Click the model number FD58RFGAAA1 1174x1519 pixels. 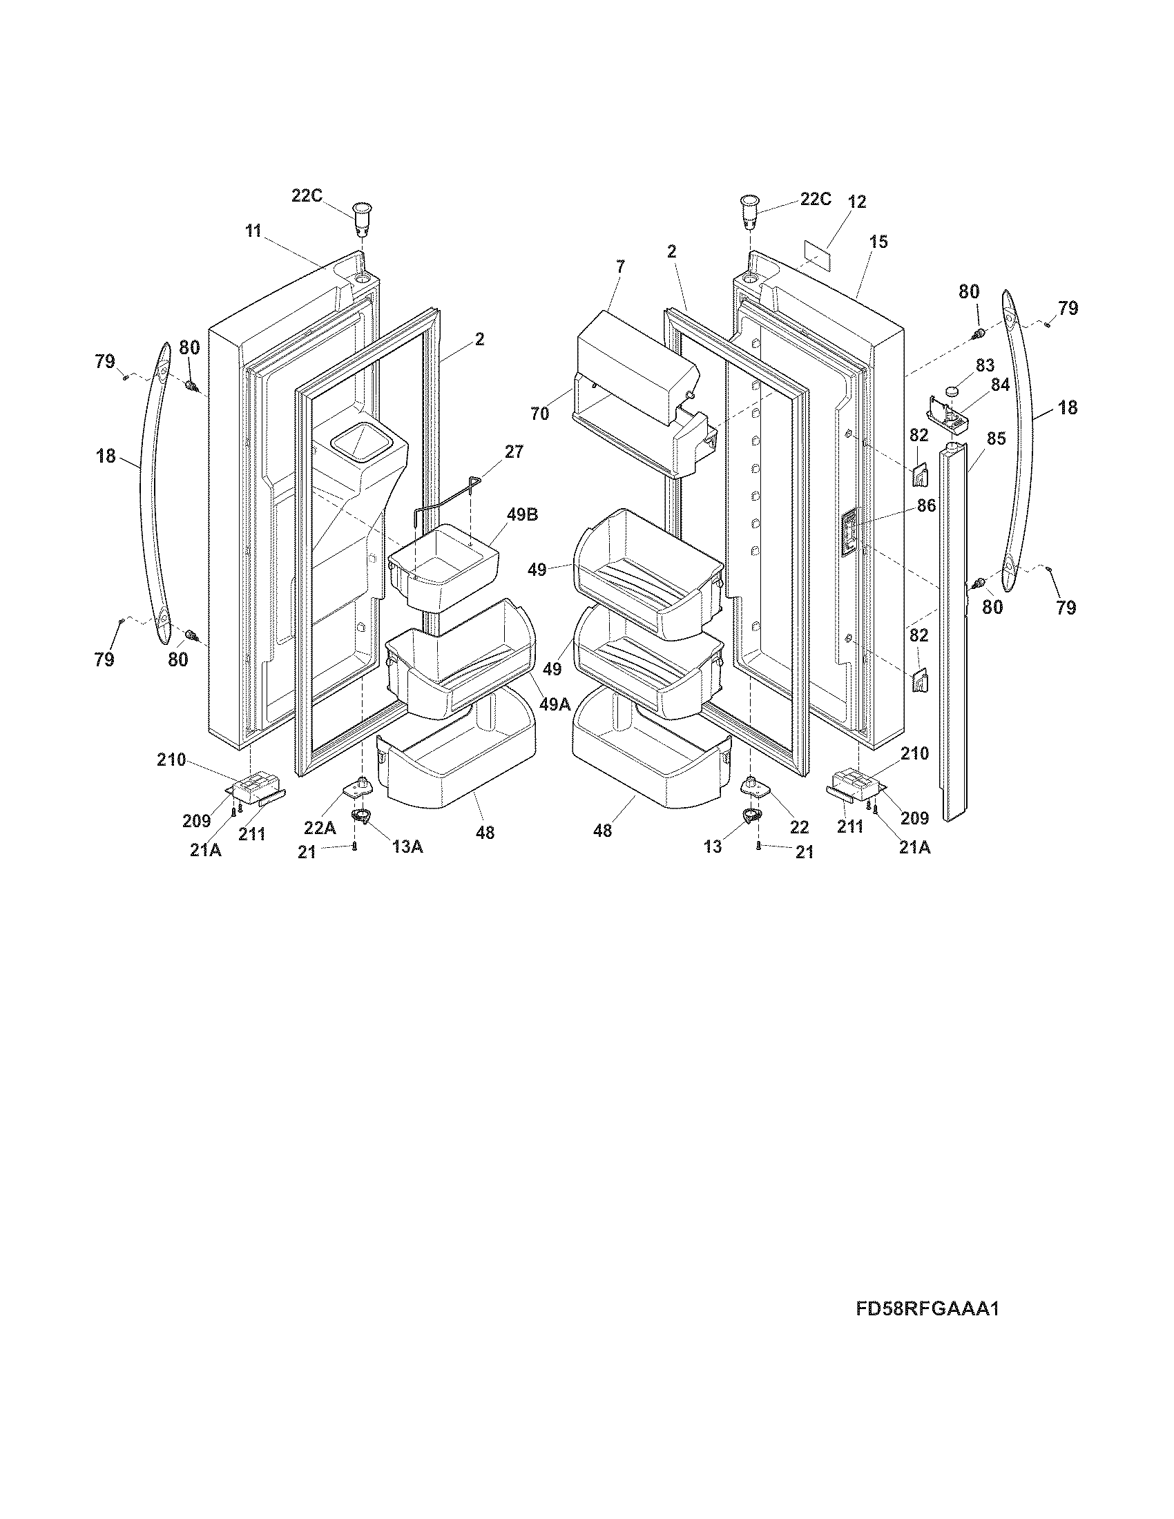[927, 1309]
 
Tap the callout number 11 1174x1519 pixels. [253, 231]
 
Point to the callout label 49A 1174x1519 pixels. [555, 704]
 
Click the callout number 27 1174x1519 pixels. [514, 452]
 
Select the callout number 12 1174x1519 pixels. [857, 202]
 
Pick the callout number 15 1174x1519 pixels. [878, 242]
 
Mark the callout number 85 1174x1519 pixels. [997, 439]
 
